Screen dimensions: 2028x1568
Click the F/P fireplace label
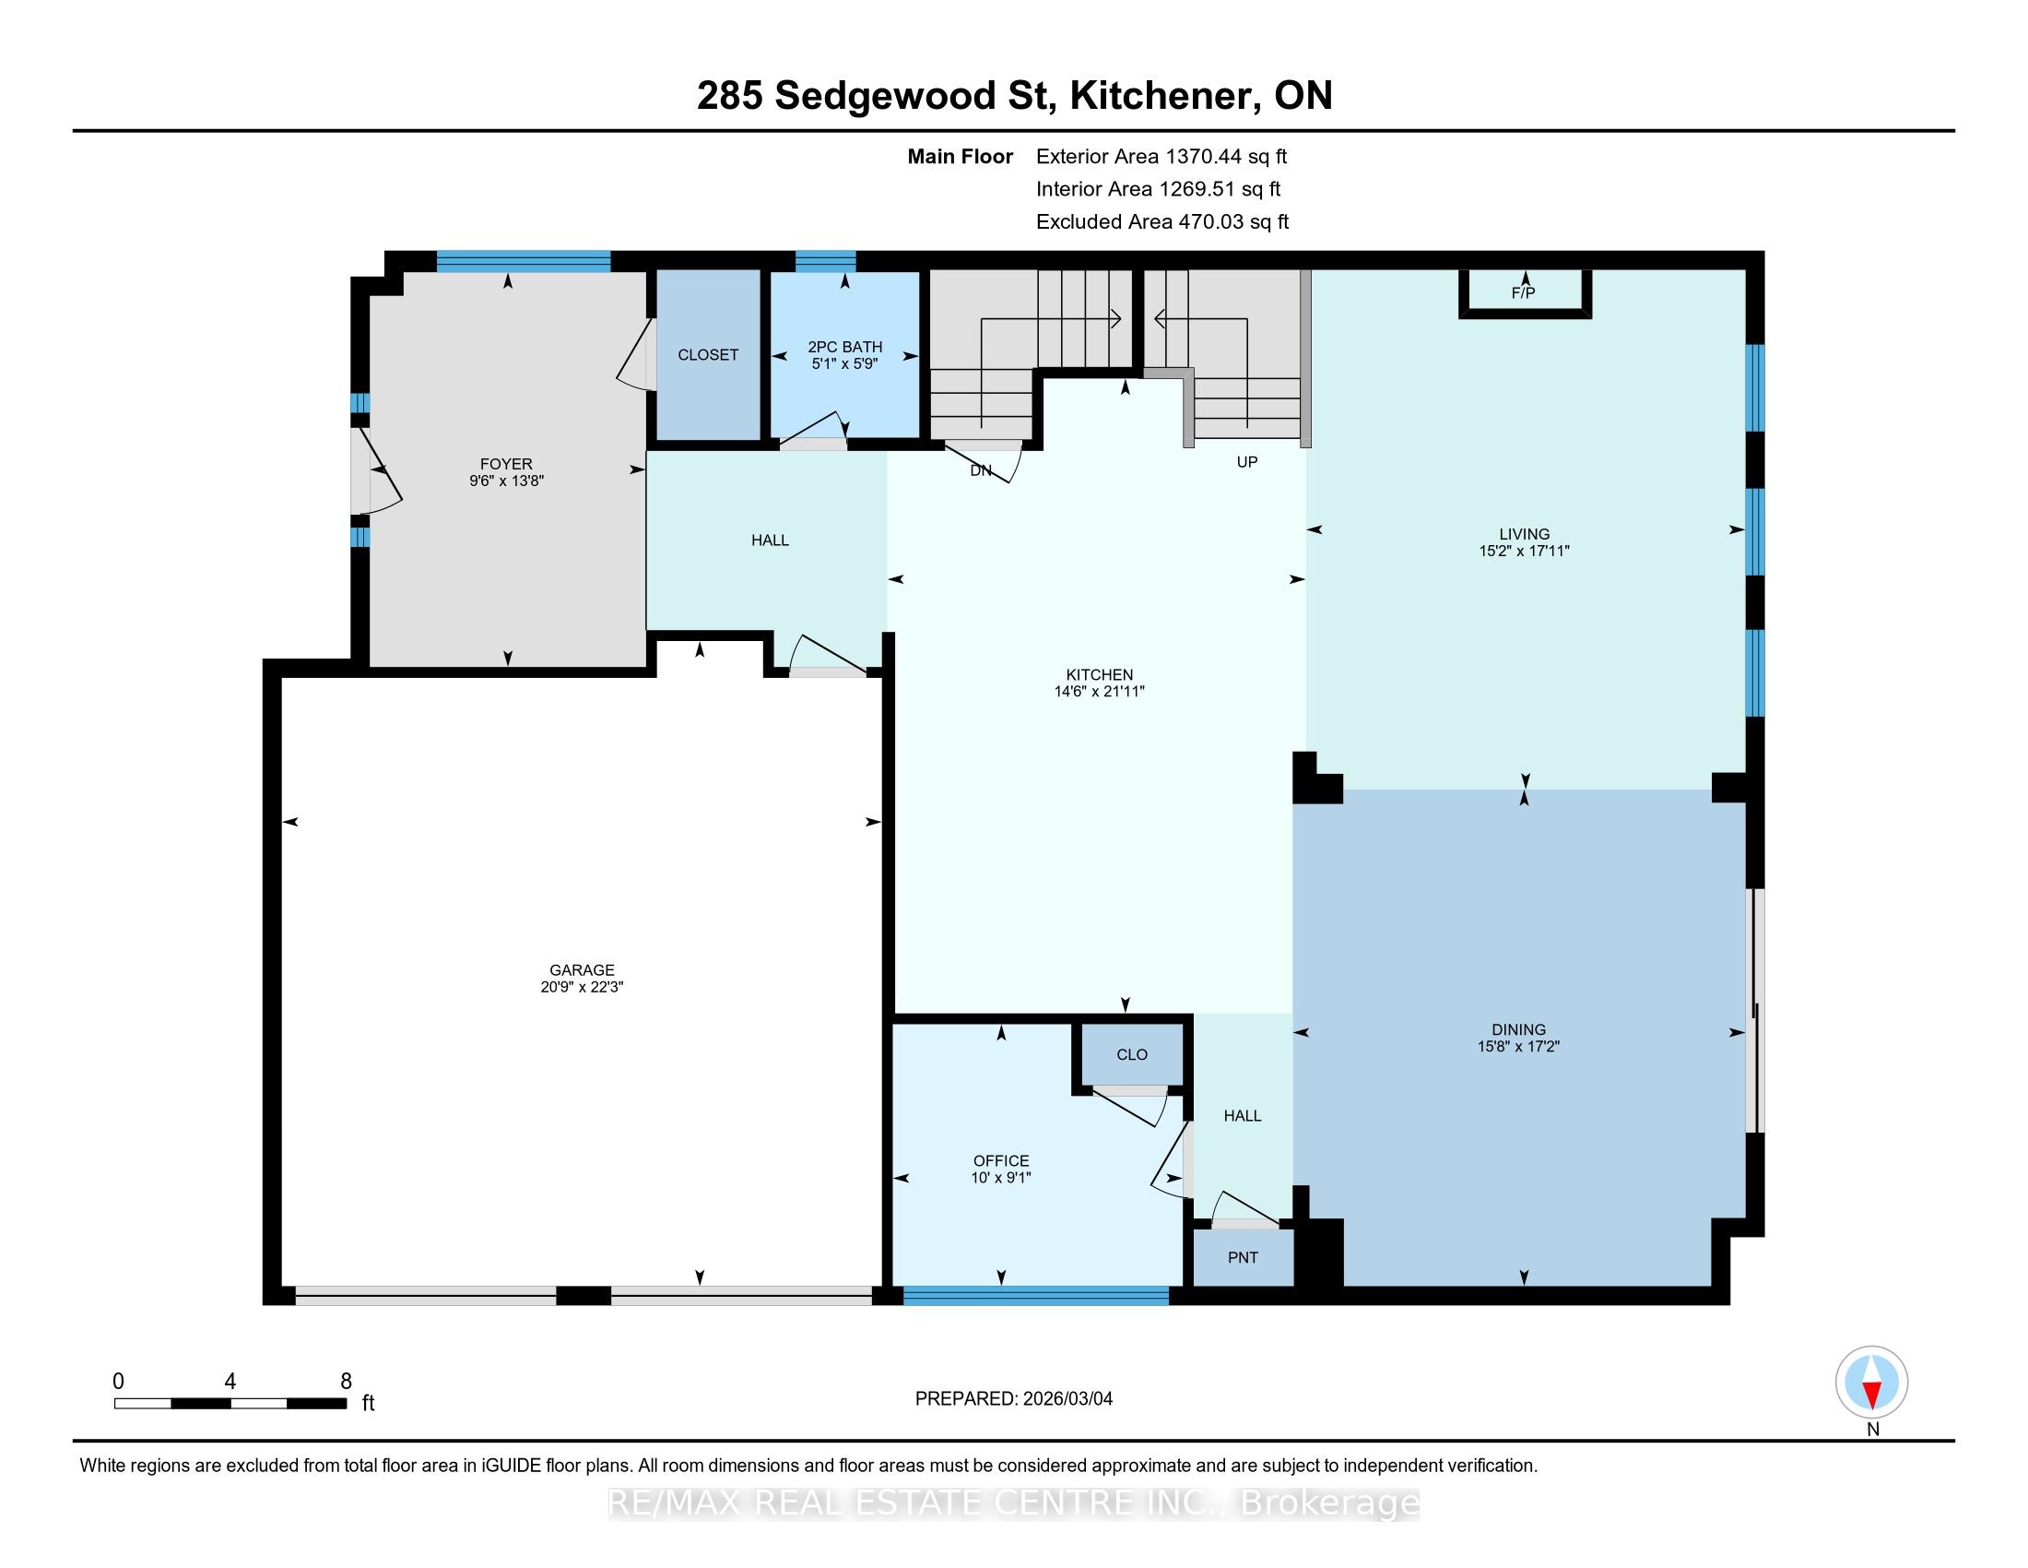(1524, 293)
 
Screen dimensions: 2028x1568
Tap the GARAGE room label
(582, 969)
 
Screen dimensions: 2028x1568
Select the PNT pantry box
(1243, 1258)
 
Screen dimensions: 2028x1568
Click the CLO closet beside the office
(1132, 1054)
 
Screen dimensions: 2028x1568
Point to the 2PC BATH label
(844, 347)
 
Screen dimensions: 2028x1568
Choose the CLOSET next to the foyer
(708, 355)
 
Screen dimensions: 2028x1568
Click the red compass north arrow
(1872, 1395)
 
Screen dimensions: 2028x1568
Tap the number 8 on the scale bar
(347, 1382)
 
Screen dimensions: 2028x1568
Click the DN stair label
(981, 471)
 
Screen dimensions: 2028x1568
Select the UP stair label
(1247, 462)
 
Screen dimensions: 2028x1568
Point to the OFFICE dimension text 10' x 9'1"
(1001, 1178)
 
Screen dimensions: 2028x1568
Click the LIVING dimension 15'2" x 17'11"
(1524, 551)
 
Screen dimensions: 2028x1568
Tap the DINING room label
(1519, 1029)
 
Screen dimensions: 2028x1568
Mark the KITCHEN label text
(1100, 674)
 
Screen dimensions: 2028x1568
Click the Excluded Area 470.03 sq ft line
(1162, 222)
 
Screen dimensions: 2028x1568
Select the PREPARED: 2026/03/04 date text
(1014, 1399)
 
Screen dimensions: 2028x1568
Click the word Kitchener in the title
(1161, 97)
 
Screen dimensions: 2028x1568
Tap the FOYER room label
(506, 464)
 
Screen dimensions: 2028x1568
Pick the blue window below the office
(1035, 1296)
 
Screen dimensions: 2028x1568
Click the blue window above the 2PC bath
(826, 261)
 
